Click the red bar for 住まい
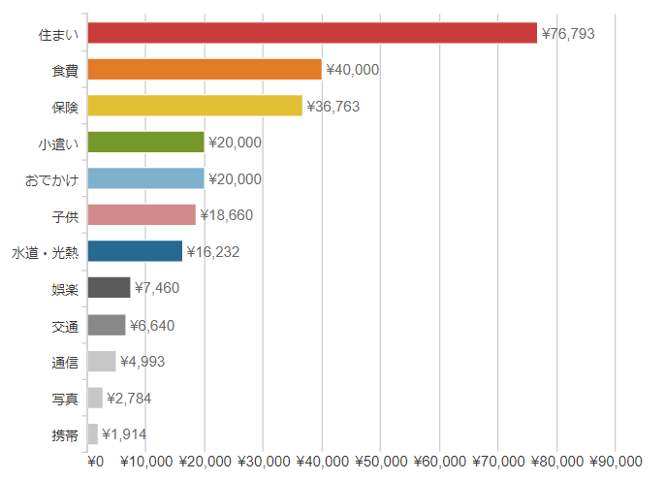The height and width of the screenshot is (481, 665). point(312,33)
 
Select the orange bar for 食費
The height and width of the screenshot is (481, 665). point(205,70)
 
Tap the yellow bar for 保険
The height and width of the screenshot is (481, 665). point(195,106)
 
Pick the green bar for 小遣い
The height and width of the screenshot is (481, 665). point(145,143)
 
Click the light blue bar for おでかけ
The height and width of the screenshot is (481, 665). point(145,178)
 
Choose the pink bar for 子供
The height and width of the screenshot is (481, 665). point(142,215)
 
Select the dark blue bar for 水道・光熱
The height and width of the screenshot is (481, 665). point(135,251)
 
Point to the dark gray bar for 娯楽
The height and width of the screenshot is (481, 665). point(109,288)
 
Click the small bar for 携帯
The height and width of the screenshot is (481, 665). point(93,433)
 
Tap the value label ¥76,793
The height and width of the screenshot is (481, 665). point(568,34)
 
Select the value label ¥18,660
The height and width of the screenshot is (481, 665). point(227,215)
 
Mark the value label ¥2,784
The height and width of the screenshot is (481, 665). point(129,398)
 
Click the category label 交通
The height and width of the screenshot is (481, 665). point(65,326)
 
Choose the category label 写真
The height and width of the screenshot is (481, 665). point(65,399)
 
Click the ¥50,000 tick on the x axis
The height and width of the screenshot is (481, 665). point(381,461)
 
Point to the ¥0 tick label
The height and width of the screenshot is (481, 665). point(94,461)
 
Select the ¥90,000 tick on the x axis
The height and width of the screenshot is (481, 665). point(616,461)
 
